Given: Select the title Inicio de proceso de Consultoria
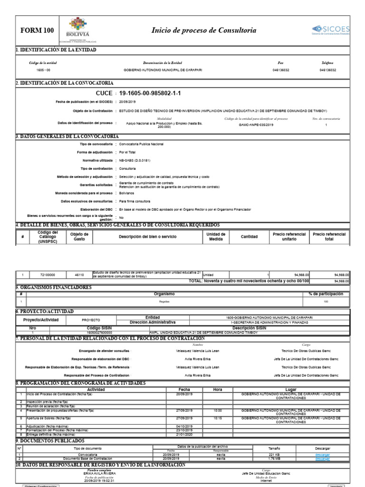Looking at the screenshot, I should coord(203,30).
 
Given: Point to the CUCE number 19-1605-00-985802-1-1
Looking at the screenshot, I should coord(150,93).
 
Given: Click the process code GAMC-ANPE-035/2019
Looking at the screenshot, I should coord(256,125).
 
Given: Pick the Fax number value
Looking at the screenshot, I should coord(280,69).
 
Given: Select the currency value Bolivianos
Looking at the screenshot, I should coord(127,194).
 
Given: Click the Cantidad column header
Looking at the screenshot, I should coord(249,236).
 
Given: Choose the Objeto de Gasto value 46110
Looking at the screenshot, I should coord(79,275).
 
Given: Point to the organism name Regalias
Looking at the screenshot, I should coord(164,302).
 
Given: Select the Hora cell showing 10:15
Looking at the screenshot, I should coord(218,418).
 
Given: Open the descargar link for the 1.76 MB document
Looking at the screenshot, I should coord(322,458).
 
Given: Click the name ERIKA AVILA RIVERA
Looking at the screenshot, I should coord(99,473).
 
